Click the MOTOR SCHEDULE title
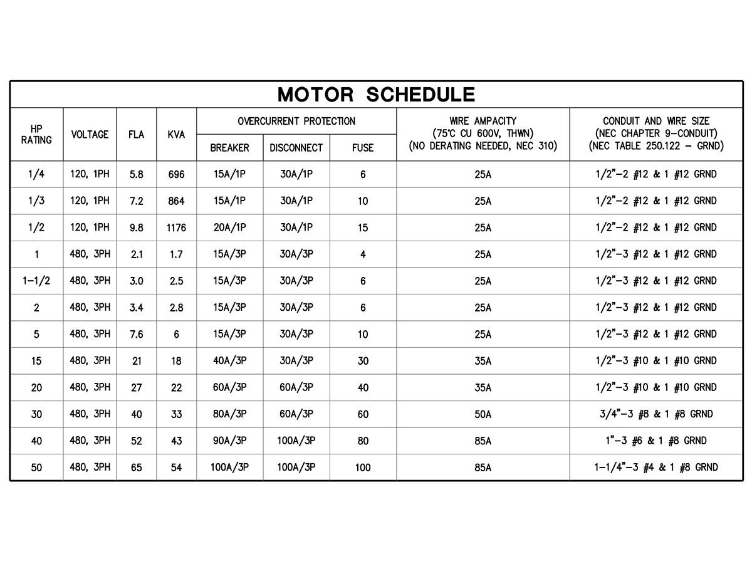tap(376, 95)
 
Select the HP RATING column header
tap(36, 134)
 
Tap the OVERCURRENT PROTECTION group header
tap(296, 121)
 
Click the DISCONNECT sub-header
tap(296, 148)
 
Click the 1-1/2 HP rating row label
tap(36, 281)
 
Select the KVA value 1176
tap(176, 228)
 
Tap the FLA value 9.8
tap(136, 228)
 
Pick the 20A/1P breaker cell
tap(229, 227)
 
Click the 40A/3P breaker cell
tap(229, 361)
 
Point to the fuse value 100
tap(363, 467)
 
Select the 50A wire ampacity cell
tap(483, 414)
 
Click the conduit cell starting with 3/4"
tap(656, 414)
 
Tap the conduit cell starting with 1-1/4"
tap(656, 467)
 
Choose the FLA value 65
tap(136, 467)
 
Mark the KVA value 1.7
tap(176, 254)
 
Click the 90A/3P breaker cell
tap(229, 441)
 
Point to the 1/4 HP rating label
tap(36, 174)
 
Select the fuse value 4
tap(363, 254)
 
